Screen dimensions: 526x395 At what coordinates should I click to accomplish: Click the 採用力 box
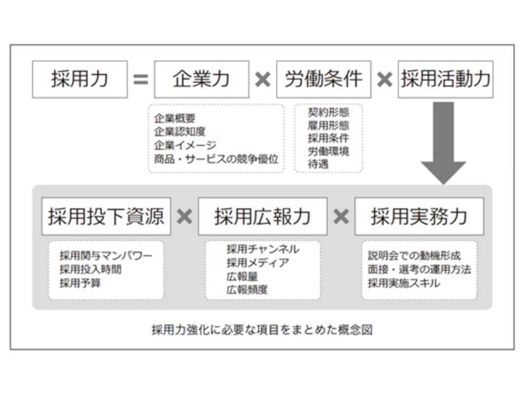80,79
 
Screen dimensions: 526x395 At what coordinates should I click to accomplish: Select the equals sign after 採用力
141,80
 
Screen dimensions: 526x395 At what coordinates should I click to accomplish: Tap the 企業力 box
201,79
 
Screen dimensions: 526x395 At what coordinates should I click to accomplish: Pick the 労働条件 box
324,79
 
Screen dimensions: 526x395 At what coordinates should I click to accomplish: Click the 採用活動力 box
445,79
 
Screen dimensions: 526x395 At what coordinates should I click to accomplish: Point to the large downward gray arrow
443,143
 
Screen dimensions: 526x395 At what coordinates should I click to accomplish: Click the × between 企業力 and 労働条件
262,80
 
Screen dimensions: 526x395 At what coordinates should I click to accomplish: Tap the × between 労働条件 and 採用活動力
384,80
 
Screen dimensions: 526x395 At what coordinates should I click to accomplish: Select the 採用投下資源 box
106,217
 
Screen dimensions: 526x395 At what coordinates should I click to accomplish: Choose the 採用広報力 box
262,217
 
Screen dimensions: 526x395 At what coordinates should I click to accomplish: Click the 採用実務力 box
419,217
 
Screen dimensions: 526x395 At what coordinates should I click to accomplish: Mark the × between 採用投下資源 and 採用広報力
184,217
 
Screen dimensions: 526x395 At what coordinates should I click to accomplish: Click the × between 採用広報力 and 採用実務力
341,217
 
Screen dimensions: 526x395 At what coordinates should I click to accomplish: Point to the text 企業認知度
180,132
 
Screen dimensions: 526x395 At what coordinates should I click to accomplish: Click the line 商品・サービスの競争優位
216,159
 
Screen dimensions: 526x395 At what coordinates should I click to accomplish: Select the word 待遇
318,164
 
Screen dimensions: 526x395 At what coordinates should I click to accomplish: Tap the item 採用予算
80,283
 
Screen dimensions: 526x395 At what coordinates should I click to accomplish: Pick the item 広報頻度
247,290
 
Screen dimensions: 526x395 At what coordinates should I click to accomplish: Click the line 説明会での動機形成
415,256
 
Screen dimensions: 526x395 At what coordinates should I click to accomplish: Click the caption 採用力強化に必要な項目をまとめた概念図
262,330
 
